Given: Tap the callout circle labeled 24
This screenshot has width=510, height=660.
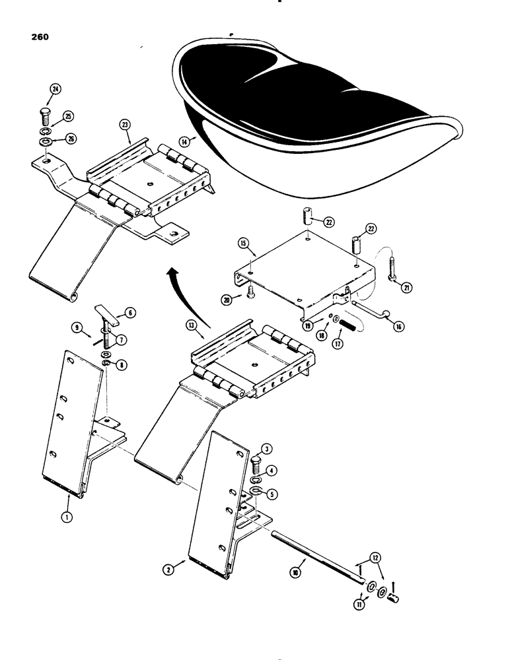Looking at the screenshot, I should (54, 90).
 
